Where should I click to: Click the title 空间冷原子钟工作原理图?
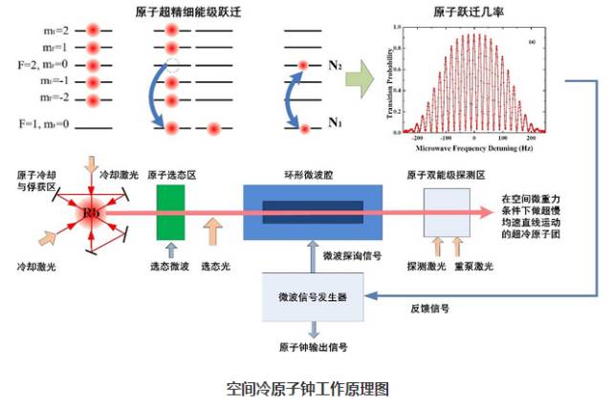pos(307,389)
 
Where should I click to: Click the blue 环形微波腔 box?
pos(313,211)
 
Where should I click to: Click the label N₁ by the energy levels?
pos(336,122)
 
